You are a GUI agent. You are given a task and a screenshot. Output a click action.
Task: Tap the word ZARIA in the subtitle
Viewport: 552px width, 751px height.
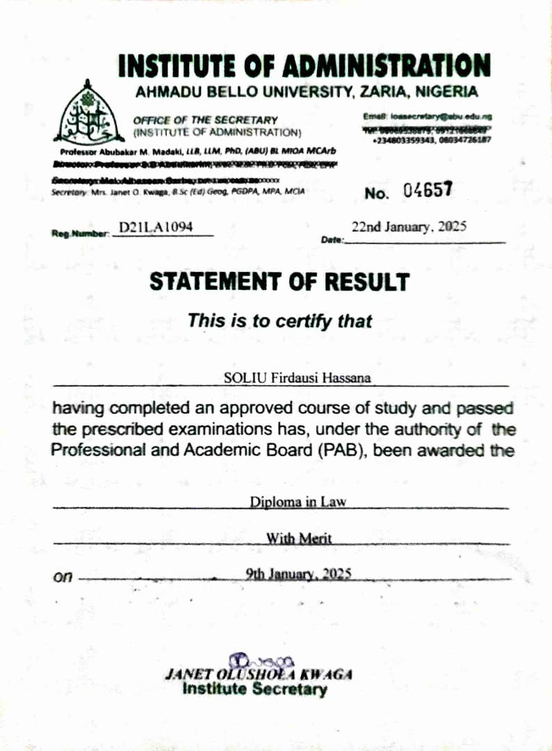pyautogui.click(x=388, y=91)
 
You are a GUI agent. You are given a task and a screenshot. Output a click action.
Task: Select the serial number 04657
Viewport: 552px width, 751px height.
pyautogui.click(x=428, y=190)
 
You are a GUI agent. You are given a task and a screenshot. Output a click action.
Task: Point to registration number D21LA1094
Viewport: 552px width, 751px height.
pyautogui.click(x=156, y=227)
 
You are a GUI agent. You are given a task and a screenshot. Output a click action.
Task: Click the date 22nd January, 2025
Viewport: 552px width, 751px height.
pyautogui.click(x=409, y=227)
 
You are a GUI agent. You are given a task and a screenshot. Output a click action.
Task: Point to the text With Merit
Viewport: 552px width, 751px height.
pyautogui.click(x=299, y=538)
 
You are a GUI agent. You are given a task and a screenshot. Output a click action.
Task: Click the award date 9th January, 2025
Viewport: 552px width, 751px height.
pyautogui.click(x=299, y=574)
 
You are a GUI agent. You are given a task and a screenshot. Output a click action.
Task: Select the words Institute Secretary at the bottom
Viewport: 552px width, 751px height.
pyautogui.click(x=254, y=690)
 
